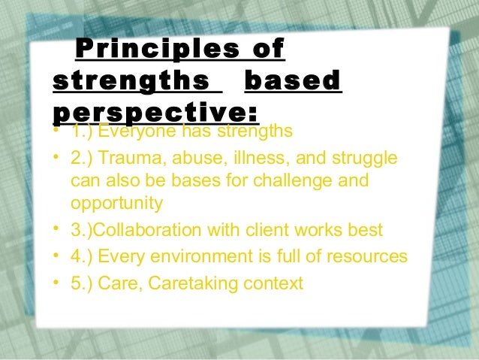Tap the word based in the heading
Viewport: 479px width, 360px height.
(294, 80)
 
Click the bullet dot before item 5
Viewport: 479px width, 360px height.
(58, 283)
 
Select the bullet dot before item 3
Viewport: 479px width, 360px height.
(58, 230)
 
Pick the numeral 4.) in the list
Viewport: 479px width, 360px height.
(81, 257)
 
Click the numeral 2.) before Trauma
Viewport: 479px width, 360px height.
(81, 159)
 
